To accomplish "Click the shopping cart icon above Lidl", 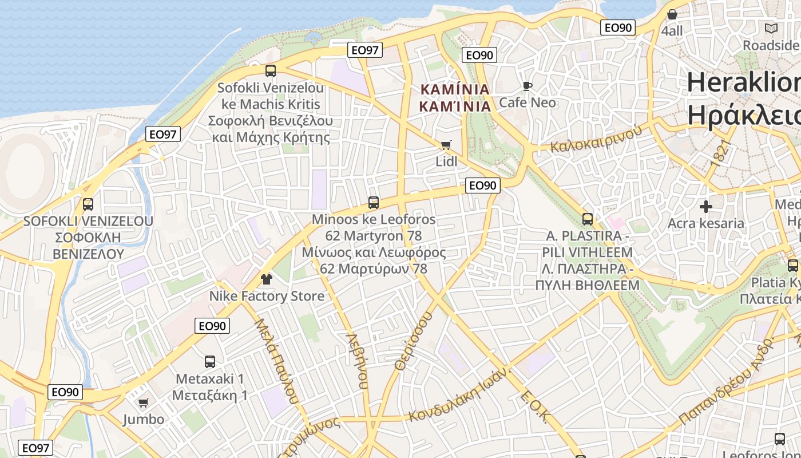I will [x=446, y=145].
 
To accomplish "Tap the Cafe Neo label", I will [x=528, y=102].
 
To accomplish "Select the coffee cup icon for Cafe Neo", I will [x=527, y=86].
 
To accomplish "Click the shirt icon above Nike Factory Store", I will [x=267, y=279].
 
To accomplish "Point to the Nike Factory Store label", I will [x=267, y=296].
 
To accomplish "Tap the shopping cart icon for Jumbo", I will [x=144, y=403].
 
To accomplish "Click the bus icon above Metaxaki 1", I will [x=210, y=362].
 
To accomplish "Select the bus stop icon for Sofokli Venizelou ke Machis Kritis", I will [x=271, y=71].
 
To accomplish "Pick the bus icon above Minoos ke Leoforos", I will [x=374, y=202].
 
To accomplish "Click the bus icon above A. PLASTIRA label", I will [x=588, y=219].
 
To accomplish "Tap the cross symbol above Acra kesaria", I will [x=706, y=207].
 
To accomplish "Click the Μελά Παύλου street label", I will [x=276, y=361].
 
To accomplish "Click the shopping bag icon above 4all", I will [x=672, y=14].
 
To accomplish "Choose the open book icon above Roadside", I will [x=771, y=28].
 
